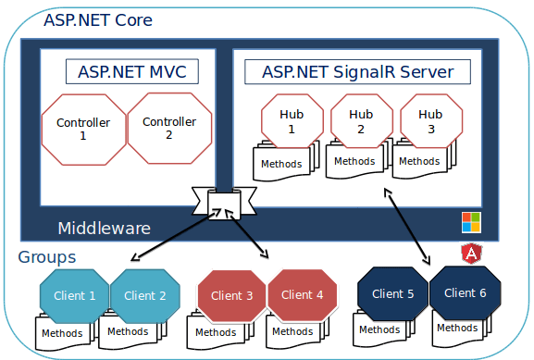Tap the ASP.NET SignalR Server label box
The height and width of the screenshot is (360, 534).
click(356, 71)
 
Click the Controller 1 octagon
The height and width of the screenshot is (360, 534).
click(83, 129)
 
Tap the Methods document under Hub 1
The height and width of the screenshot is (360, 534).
click(281, 164)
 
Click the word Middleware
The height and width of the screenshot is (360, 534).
click(104, 229)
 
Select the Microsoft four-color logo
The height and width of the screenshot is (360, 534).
click(472, 221)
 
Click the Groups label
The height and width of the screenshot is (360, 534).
click(46, 257)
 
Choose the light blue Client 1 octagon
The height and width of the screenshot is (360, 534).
click(74, 296)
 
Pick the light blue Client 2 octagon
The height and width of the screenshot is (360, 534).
click(145, 296)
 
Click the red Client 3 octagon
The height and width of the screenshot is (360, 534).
click(231, 296)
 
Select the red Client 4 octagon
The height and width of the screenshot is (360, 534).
click(303, 296)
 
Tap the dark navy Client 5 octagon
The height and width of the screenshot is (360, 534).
click(391, 294)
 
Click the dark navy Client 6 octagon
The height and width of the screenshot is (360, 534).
click(465, 292)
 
